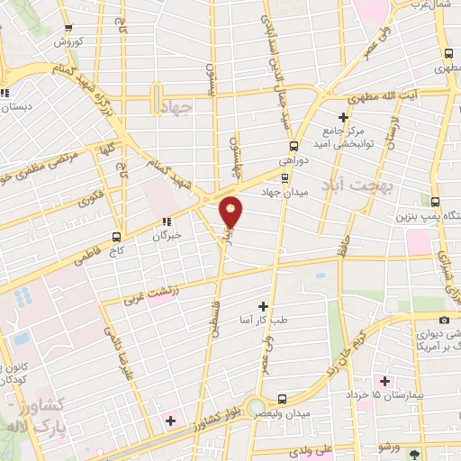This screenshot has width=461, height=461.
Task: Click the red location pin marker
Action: coord(231,212)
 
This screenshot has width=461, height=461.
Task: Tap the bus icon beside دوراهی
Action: coord(294,147)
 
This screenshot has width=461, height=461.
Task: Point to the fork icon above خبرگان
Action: coord(166,221)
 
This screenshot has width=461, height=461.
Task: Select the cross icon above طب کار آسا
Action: coord(262,306)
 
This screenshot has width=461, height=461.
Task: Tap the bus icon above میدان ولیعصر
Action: coord(282,398)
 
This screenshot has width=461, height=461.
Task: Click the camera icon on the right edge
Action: coord(443,320)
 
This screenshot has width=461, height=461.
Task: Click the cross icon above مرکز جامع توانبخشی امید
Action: coord(343,117)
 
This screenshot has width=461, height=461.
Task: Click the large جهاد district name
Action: coord(181,108)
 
